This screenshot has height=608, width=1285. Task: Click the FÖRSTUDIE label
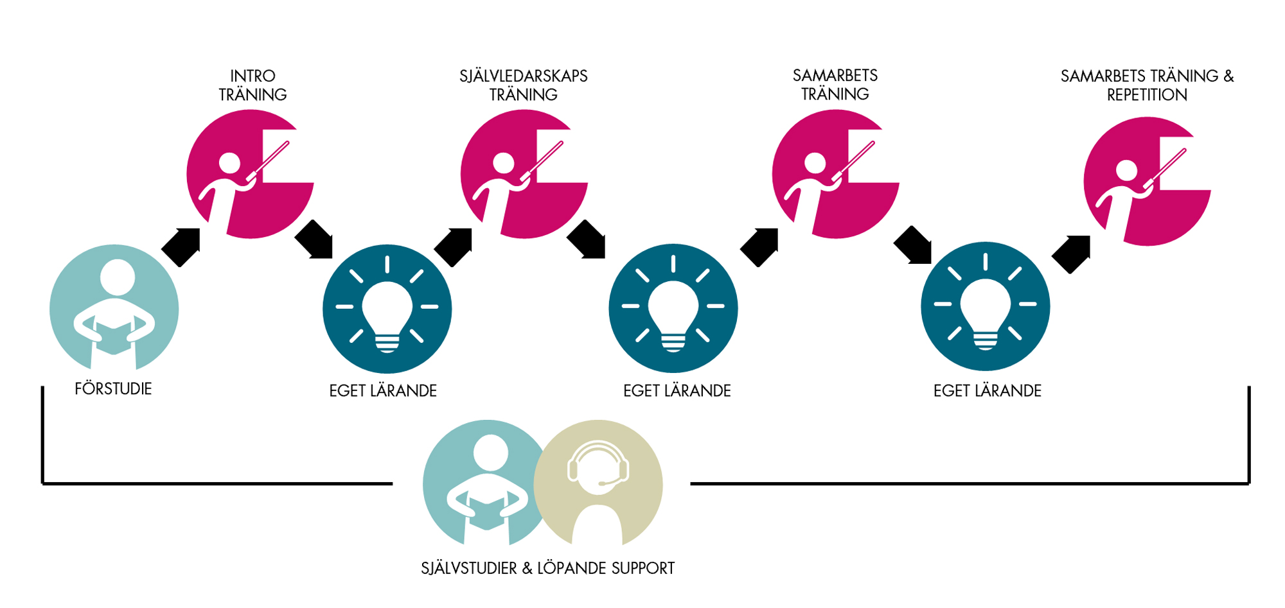click(113, 388)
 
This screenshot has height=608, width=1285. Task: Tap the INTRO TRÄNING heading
click(253, 85)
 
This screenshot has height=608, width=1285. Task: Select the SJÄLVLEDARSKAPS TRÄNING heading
click(523, 85)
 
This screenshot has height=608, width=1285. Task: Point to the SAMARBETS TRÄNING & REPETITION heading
click(1147, 85)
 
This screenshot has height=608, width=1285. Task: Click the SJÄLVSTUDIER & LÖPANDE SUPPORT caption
click(547, 568)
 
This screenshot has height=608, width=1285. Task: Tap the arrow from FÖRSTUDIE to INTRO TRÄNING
click(182, 246)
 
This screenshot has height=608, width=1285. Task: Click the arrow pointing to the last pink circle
click(1072, 254)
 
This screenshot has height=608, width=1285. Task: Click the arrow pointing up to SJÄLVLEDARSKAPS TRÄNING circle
click(454, 246)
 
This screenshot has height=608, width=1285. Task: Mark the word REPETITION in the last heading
click(1147, 95)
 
